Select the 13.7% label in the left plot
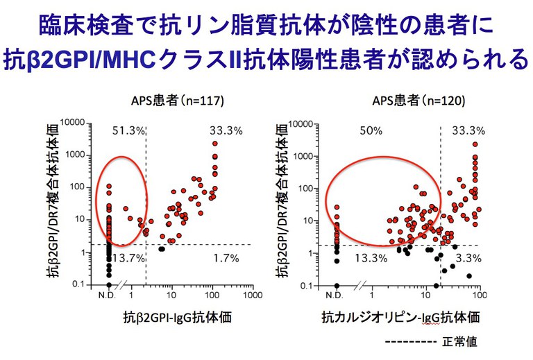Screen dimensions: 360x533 [x=128, y=258]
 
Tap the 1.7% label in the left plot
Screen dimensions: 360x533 [x=225, y=258]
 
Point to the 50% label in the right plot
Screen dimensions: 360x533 [x=371, y=130]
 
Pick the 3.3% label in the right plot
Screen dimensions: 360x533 [x=468, y=258]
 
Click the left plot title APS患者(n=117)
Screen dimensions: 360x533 [x=171, y=101]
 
